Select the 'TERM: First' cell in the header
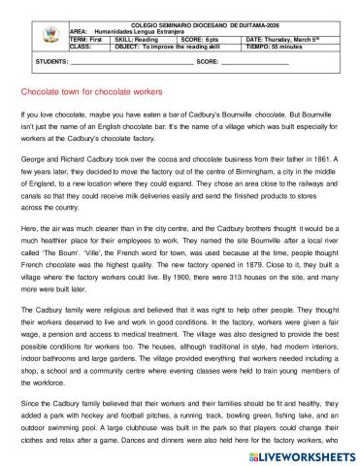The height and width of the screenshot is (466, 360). (92, 38)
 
